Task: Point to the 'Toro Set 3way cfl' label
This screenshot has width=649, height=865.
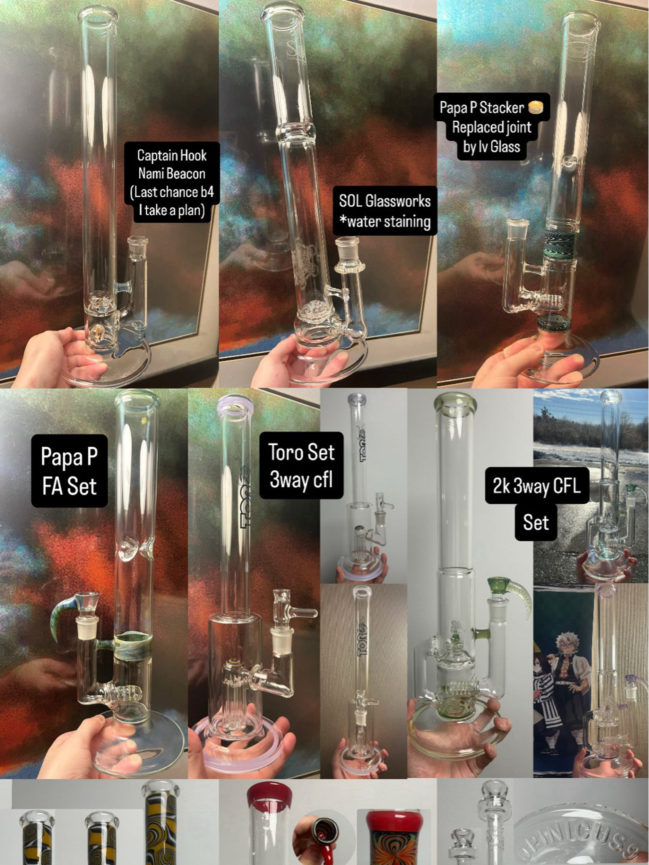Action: click(301, 465)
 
